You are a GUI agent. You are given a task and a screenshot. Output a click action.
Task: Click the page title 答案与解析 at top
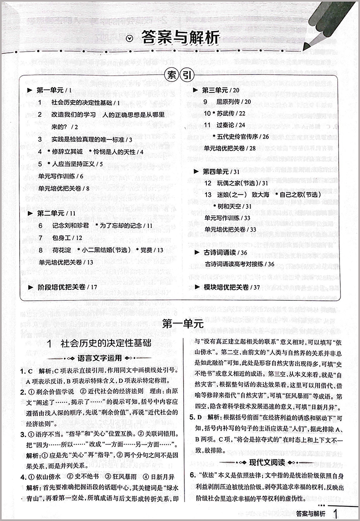point(180,37)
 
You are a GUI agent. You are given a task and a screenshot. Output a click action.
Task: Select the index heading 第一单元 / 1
point(53,90)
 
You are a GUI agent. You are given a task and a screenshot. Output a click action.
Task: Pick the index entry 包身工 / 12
point(60,237)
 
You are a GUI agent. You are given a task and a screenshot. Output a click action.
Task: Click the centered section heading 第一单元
point(181,325)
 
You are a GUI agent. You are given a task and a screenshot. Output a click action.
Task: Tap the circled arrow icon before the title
point(131,38)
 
